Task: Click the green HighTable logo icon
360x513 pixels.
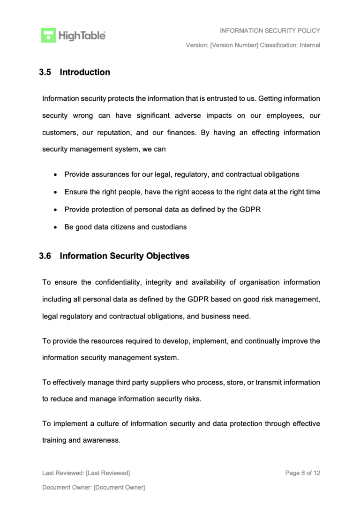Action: [48, 35]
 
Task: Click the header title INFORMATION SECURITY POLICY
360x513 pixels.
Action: [270, 30]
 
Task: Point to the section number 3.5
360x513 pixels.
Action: [45, 72]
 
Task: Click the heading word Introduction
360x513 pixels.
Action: [85, 72]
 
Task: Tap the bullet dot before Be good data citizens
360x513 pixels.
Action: [55, 227]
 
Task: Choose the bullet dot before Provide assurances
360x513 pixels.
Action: [55, 175]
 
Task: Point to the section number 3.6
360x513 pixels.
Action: [45, 256]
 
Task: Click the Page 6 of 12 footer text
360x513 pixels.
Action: [302, 473]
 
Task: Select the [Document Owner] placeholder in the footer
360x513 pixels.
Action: [119, 487]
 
